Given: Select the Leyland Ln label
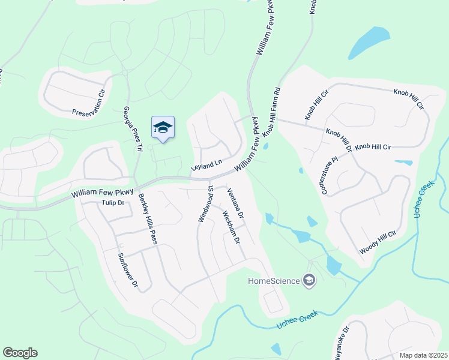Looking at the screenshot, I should pos(206,163).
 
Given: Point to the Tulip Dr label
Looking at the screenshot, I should pos(112,203).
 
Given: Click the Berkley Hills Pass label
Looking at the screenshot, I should pos(147,219).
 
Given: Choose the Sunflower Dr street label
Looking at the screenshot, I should pos(128,269).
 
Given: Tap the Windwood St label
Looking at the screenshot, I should pos(205,204).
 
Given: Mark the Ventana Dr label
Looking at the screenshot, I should pos(235,203).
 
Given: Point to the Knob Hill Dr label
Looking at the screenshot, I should pos(338,139).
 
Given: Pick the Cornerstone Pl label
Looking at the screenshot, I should pos(330,176).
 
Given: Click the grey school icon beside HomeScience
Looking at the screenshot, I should pos(309,280).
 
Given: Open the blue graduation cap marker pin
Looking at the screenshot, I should pos(163,127).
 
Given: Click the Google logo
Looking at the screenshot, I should pos(20,353).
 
